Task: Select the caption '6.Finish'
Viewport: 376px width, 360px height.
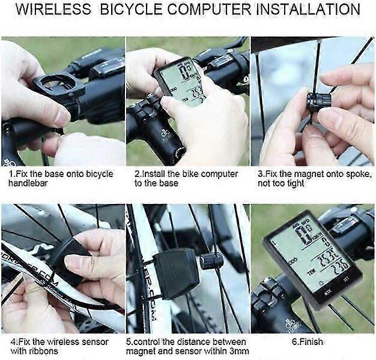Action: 307,341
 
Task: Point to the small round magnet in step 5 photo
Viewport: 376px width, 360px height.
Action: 211,260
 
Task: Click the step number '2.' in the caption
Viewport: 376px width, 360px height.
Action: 138,173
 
